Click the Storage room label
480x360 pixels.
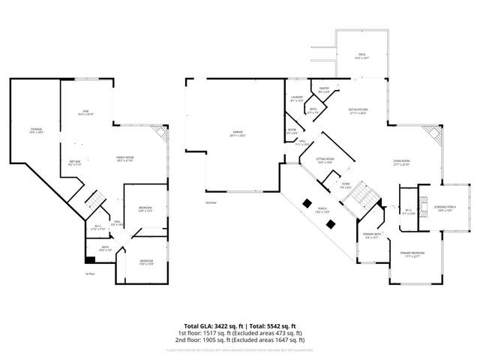click(x=36, y=131)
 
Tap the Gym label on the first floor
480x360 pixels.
click(x=85, y=112)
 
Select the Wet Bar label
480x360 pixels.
click(x=75, y=162)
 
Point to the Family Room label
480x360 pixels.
click(x=124, y=158)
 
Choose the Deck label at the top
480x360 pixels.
click(x=361, y=55)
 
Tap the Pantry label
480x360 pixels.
click(x=324, y=90)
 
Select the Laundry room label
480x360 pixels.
click(x=296, y=98)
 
